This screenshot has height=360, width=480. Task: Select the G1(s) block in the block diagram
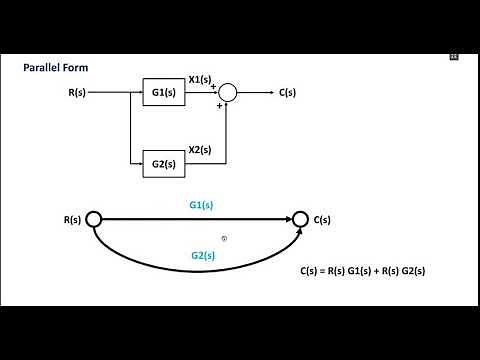click(164, 93)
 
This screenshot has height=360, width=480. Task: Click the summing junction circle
click(228, 93)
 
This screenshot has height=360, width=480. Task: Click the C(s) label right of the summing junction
click(288, 93)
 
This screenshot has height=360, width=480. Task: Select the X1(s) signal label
click(200, 79)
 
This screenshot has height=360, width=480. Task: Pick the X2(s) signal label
click(200, 149)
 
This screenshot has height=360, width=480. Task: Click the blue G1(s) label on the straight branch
click(202, 205)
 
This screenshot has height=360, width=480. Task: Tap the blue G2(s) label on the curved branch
click(203, 255)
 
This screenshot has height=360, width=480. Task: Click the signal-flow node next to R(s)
click(94, 219)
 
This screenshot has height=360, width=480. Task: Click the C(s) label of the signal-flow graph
click(323, 219)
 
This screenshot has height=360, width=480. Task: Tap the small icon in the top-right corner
click(453, 57)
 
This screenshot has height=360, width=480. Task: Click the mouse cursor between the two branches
click(225, 238)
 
